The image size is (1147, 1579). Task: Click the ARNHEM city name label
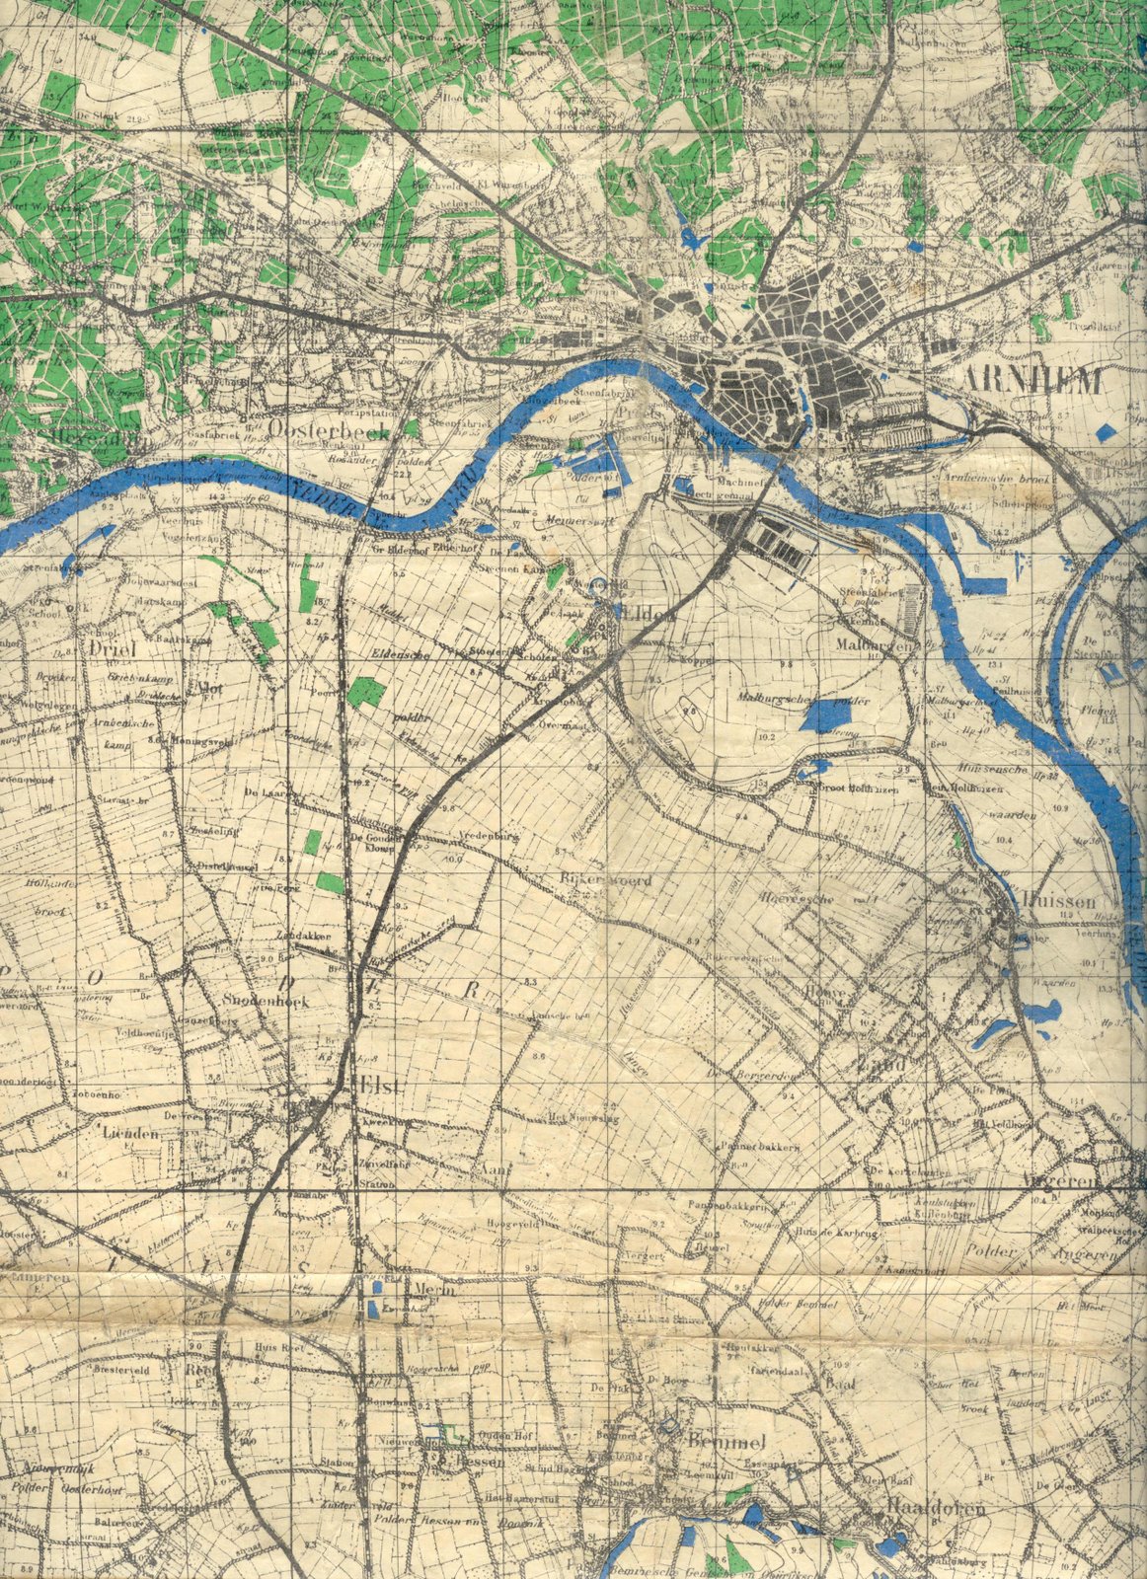(1031, 381)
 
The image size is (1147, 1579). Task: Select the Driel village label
(110, 649)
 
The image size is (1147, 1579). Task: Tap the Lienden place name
(129, 1135)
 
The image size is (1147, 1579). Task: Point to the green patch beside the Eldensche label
(366, 691)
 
